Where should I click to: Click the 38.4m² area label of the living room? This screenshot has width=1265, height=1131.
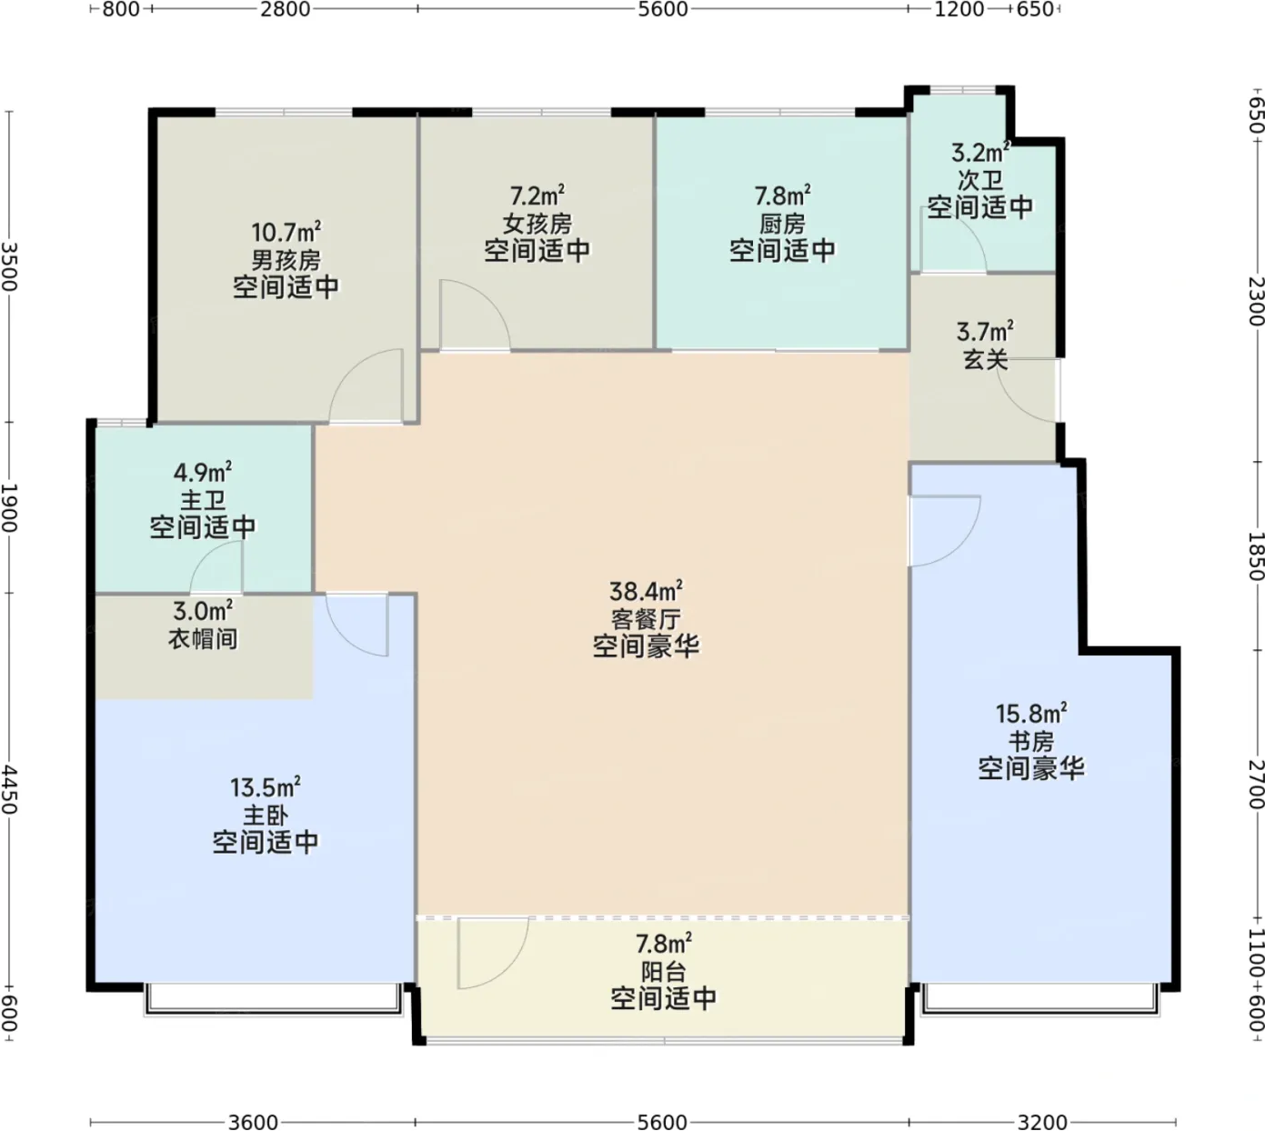pos(646,590)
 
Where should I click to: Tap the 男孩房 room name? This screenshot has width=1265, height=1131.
pos(286,260)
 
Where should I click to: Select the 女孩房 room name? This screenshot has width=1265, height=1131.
pos(537,224)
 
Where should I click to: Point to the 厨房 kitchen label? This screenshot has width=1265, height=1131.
pos(782,224)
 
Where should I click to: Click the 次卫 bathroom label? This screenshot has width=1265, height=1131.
pos(979,180)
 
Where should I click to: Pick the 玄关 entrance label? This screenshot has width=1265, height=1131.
pos(985,359)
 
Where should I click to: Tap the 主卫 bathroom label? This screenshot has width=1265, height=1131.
pos(203,501)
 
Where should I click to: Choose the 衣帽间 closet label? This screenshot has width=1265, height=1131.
pos(203,638)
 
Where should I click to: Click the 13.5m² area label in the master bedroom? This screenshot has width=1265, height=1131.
pos(266,787)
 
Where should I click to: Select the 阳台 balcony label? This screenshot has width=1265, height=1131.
pos(663,972)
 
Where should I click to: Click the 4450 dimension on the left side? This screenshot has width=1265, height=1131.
pos(8,790)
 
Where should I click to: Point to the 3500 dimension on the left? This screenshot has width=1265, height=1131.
pos(8,266)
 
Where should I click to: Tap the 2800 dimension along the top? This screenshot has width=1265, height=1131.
pos(286,9)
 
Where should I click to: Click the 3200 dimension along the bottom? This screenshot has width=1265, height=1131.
pos(1041,1122)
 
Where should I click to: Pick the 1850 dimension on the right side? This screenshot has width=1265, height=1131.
pos(1256,555)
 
